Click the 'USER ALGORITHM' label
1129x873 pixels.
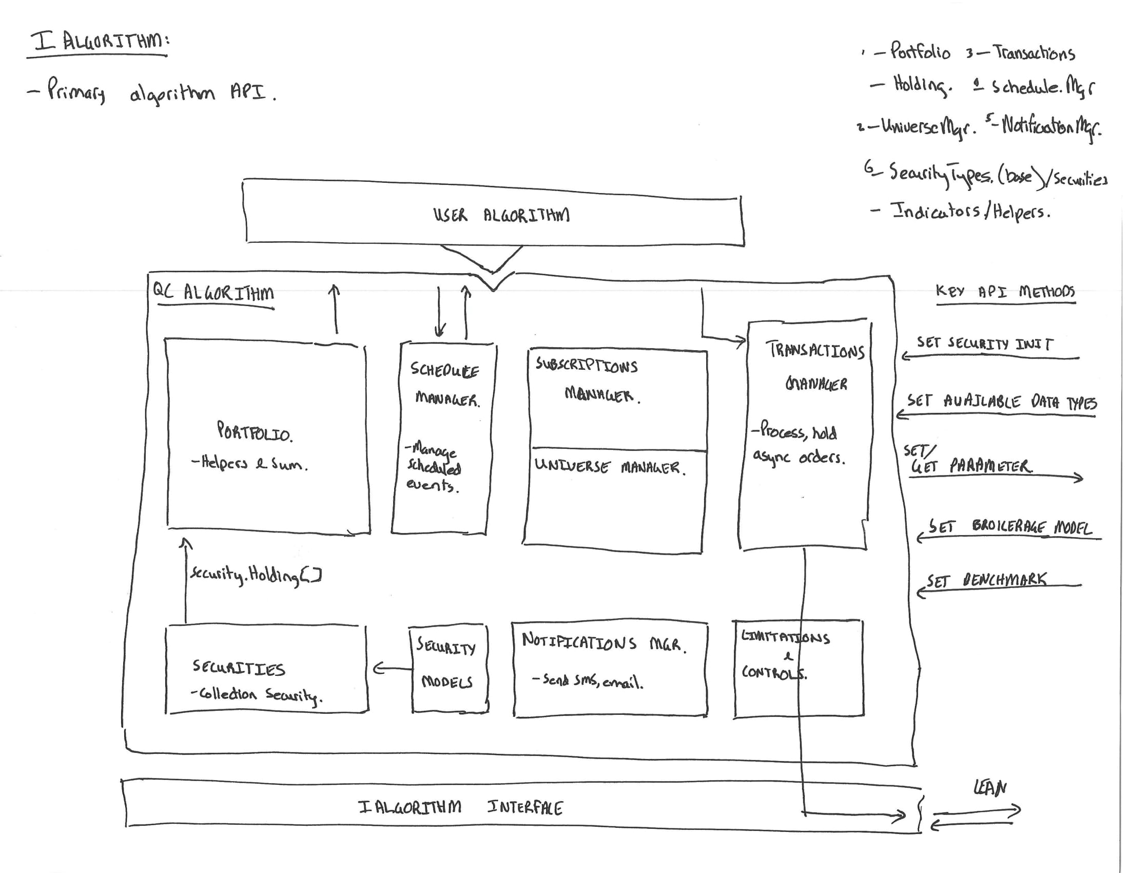click(501, 215)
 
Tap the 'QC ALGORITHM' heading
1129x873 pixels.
click(213, 293)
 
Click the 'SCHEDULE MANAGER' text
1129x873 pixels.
click(445, 384)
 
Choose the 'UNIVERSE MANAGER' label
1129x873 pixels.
click(610, 467)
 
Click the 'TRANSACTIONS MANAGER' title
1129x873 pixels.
click(816, 366)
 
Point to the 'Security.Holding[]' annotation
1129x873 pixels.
click(256, 575)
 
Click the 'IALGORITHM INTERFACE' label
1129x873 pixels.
click(460, 807)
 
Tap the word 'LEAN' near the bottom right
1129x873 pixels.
click(989, 788)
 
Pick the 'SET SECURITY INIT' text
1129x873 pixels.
click(984, 344)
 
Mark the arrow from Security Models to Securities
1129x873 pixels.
click(393, 669)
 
